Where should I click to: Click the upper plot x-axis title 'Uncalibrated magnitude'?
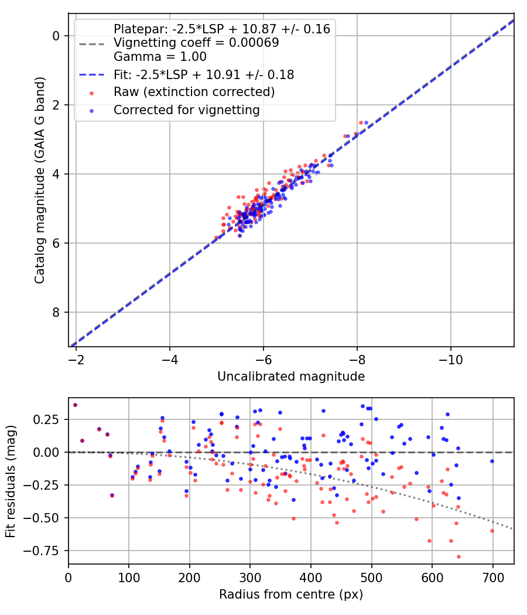coord(291,377)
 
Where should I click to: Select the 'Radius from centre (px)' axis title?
coord(291,594)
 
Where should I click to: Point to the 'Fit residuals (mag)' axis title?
coord(11,481)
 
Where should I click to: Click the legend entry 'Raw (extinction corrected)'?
coord(194,92)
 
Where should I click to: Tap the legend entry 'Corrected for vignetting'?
coord(187,110)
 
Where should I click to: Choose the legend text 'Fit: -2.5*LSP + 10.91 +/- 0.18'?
coord(204,74)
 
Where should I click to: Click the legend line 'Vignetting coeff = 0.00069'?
coord(196,43)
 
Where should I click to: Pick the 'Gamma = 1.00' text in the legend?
coord(160,57)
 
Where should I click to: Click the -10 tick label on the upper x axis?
coord(450,358)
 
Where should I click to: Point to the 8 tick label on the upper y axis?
coord(57,312)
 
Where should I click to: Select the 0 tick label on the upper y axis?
coord(57,36)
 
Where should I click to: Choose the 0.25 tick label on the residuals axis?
coord(49,419)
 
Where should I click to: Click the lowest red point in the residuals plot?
coord(458,556)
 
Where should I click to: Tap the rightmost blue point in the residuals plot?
coord(492,461)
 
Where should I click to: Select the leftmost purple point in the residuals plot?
coord(75,405)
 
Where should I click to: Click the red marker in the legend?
coord(91,93)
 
